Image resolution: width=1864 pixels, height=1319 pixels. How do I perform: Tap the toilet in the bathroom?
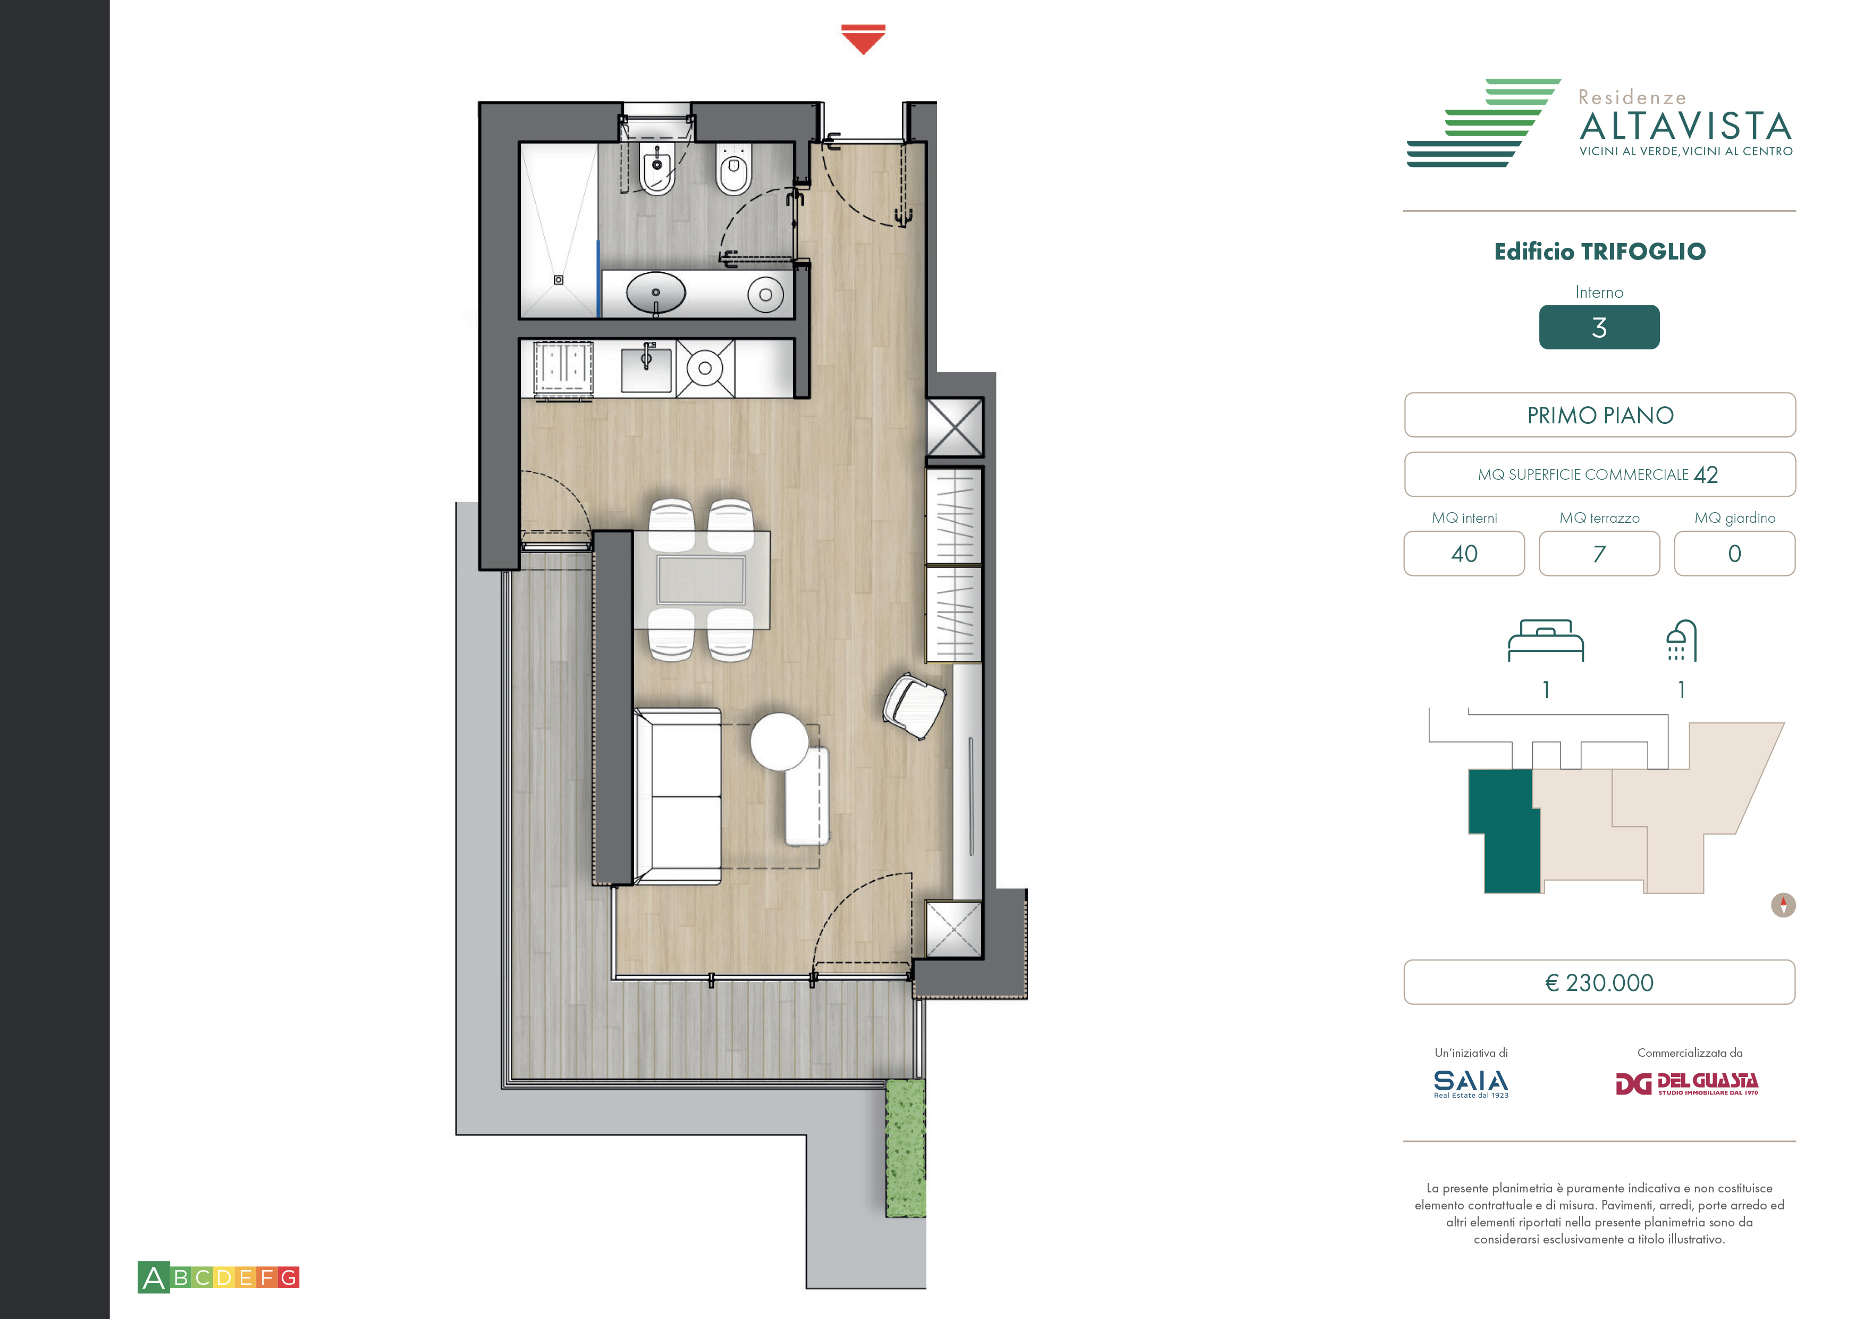pos(734,169)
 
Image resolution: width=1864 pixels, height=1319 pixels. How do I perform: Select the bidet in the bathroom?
pos(657,170)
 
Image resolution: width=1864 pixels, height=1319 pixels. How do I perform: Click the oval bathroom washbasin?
pos(656,293)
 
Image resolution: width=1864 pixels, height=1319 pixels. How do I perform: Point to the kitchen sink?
pos(646,370)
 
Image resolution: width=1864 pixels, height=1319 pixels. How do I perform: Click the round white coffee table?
pos(779,741)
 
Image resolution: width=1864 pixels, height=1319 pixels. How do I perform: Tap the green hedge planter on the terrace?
pos(905,1148)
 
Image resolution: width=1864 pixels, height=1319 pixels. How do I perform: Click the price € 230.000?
pos(1599,983)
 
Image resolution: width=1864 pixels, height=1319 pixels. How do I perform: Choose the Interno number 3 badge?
pos(1599,327)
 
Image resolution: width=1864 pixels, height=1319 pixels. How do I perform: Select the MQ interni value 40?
pos(1465,554)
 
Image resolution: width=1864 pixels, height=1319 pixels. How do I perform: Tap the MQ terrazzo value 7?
pos(1599,554)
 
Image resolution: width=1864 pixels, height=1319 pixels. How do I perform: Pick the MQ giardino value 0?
pos(1735,554)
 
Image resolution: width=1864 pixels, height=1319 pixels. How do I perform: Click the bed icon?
pos(1546,641)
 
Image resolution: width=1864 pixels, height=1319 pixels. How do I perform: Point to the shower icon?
pos(1681,641)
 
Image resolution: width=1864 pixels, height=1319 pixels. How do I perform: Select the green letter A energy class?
pos(154,1278)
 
